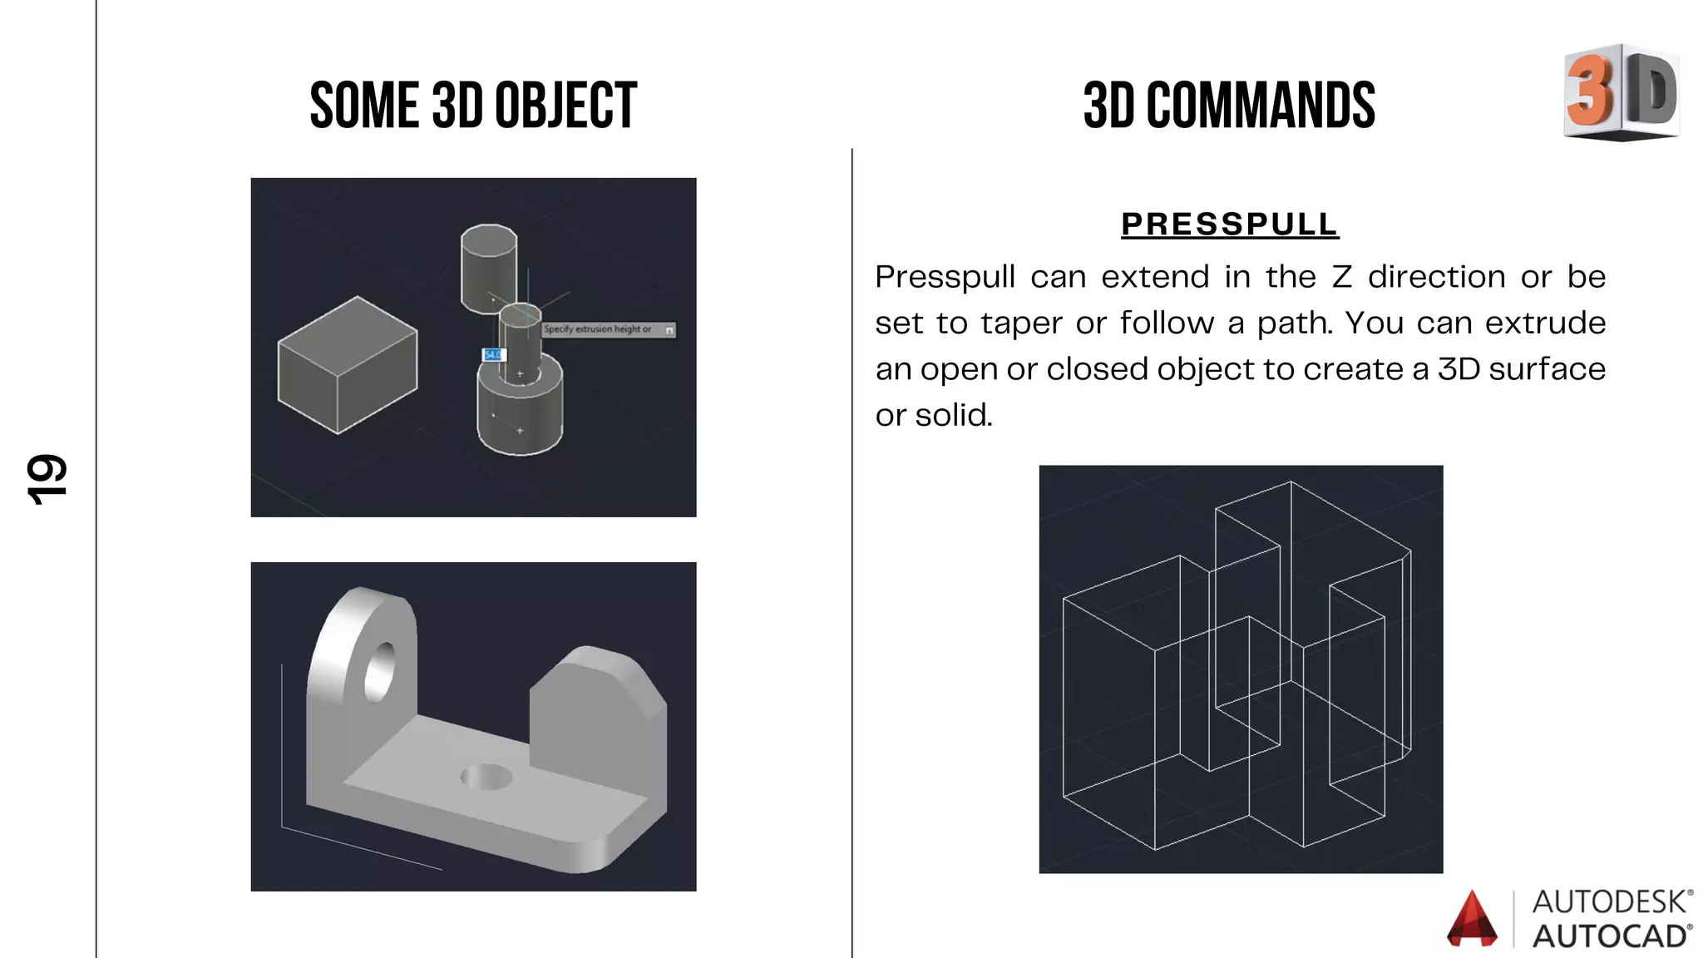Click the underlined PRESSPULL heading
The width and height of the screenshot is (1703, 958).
point(1230,225)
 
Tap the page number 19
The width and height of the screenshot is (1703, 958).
point(47,480)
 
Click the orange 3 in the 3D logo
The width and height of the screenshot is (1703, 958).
point(1589,90)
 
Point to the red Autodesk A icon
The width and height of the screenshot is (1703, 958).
point(1472,920)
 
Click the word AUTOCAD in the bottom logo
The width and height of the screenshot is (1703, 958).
point(1610,936)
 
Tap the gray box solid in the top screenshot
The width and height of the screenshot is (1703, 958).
point(348,366)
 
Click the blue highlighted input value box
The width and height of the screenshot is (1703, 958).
point(493,355)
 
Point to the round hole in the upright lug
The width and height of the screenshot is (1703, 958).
point(380,670)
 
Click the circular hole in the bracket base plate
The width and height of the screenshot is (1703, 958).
point(486,778)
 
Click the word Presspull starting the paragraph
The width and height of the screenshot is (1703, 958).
point(945,277)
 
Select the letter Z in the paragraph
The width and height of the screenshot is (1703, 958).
point(1342,277)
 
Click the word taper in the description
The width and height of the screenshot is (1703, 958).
point(1025,323)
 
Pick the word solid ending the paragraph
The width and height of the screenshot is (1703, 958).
point(953,415)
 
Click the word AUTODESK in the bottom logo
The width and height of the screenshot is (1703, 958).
point(1610,901)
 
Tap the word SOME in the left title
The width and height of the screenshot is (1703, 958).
point(363,106)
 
